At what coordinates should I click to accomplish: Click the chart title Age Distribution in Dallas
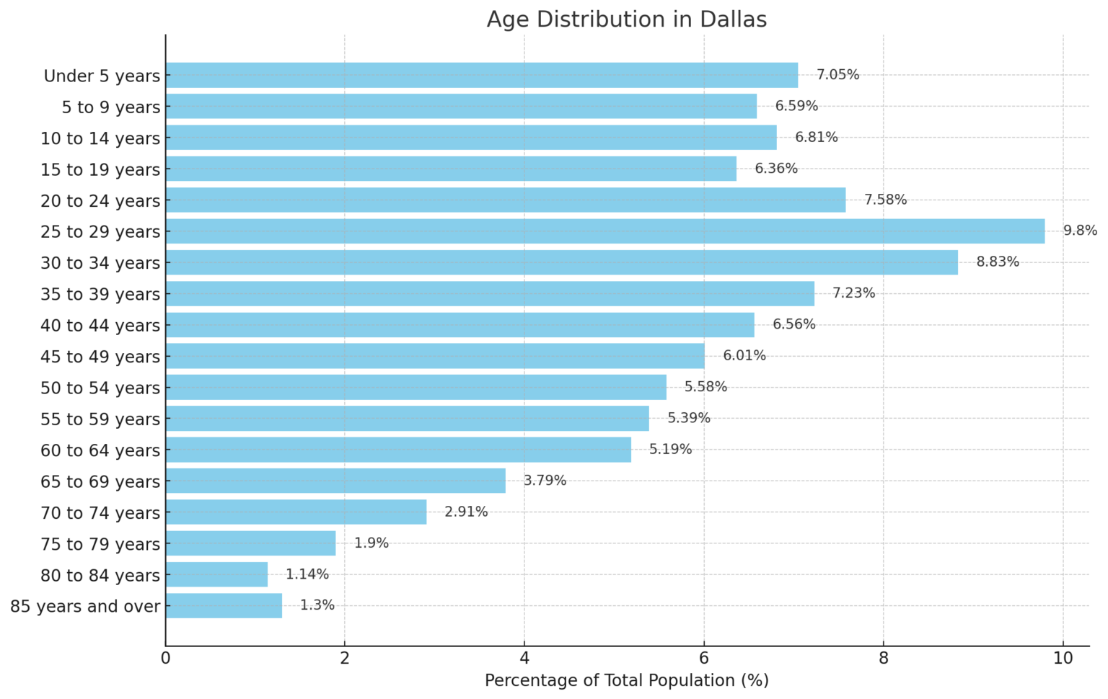pos(626,19)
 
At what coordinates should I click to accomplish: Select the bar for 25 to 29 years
pos(604,231)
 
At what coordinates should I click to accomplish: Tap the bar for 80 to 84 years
pos(216,574)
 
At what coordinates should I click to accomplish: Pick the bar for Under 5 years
pos(481,75)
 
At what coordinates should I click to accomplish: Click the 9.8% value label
pos(1080,231)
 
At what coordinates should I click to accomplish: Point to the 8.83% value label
pos(998,262)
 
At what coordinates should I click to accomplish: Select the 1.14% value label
pos(307,574)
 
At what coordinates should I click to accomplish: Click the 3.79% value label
pos(545,481)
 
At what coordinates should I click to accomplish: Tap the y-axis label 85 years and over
pos(85,607)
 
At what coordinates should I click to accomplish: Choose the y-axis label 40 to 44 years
pos(100,326)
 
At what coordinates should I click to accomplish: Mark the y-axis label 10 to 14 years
pos(100,138)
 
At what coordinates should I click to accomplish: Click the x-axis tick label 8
pos(883,658)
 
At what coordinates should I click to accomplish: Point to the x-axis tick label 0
pos(166,658)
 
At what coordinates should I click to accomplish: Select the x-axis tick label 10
pos(1063,658)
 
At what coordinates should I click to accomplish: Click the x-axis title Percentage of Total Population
pos(626,681)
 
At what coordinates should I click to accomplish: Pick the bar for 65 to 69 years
pos(335,481)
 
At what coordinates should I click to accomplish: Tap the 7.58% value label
pos(885,200)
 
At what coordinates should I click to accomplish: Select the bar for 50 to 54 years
pos(415,387)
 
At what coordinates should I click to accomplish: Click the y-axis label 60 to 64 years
pos(100,450)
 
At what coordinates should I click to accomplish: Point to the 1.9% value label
pos(371,543)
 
